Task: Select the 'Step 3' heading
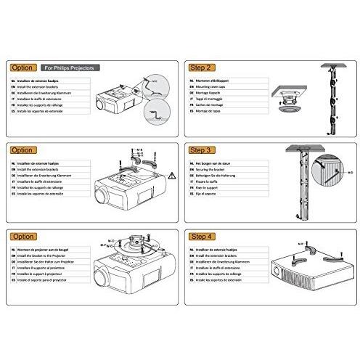tap(202, 150)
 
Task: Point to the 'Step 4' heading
tap(202, 236)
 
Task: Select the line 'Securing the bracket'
tap(211, 171)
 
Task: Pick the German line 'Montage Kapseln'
tap(208, 94)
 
